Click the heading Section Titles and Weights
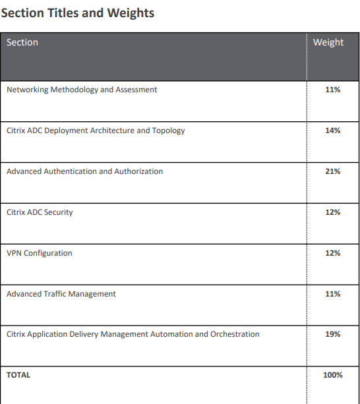pos(78,13)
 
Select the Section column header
pos(22,42)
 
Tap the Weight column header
pos(328,43)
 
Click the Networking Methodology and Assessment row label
pos(82,90)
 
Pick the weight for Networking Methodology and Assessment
pos(333,90)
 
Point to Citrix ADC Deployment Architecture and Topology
pos(96,130)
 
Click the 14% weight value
pos(333,130)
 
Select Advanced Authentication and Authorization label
pos(85,171)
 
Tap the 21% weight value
pos(333,171)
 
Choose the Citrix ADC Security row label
pos(40,212)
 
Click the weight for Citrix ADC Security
pos(333,212)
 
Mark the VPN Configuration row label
pos(40,253)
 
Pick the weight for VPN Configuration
pos(333,253)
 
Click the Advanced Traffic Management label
pos(61,294)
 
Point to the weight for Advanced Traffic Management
pos(333,294)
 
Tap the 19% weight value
pos(333,334)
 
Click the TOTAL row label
pos(18,375)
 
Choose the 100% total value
pos(333,375)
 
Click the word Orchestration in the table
pos(235,334)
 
